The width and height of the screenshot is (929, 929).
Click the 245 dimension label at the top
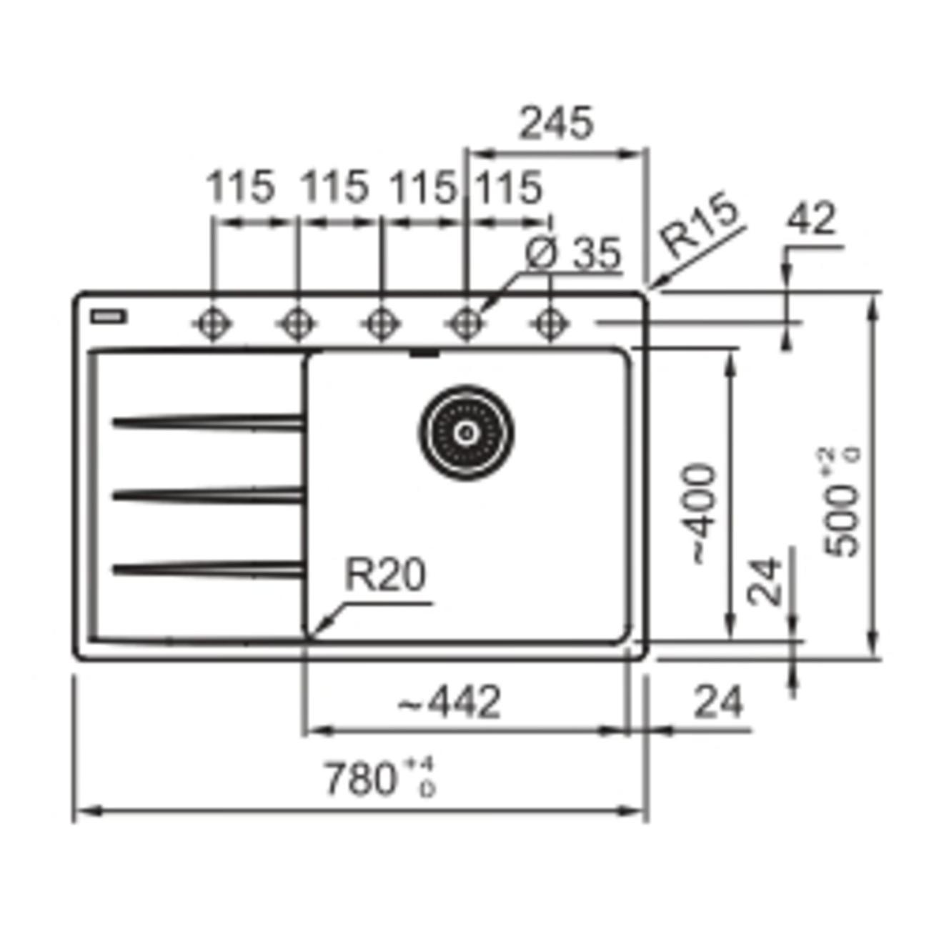point(555,124)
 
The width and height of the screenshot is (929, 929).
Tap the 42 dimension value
point(810,219)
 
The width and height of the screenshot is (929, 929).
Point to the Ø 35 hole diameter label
point(572,254)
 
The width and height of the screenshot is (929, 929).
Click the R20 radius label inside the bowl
point(385,575)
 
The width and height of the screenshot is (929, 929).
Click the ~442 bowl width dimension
point(449,702)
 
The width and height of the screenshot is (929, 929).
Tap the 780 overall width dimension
point(379,779)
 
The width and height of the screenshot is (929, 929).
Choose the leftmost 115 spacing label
point(240,188)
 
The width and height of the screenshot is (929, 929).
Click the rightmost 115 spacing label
point(509,188)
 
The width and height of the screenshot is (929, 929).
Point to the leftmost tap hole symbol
point(212,324)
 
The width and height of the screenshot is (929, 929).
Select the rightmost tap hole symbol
point(550,324)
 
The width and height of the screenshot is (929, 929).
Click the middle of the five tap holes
point(381,324)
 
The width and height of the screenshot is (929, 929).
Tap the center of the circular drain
point(466,432)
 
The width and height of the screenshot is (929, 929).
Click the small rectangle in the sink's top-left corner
point(109,316)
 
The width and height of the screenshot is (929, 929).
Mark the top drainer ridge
point(207,422)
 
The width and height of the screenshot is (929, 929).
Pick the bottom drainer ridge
point(207,569)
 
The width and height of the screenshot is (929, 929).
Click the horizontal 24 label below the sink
point(718,702)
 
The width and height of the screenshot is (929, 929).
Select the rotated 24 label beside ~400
point(765,580)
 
